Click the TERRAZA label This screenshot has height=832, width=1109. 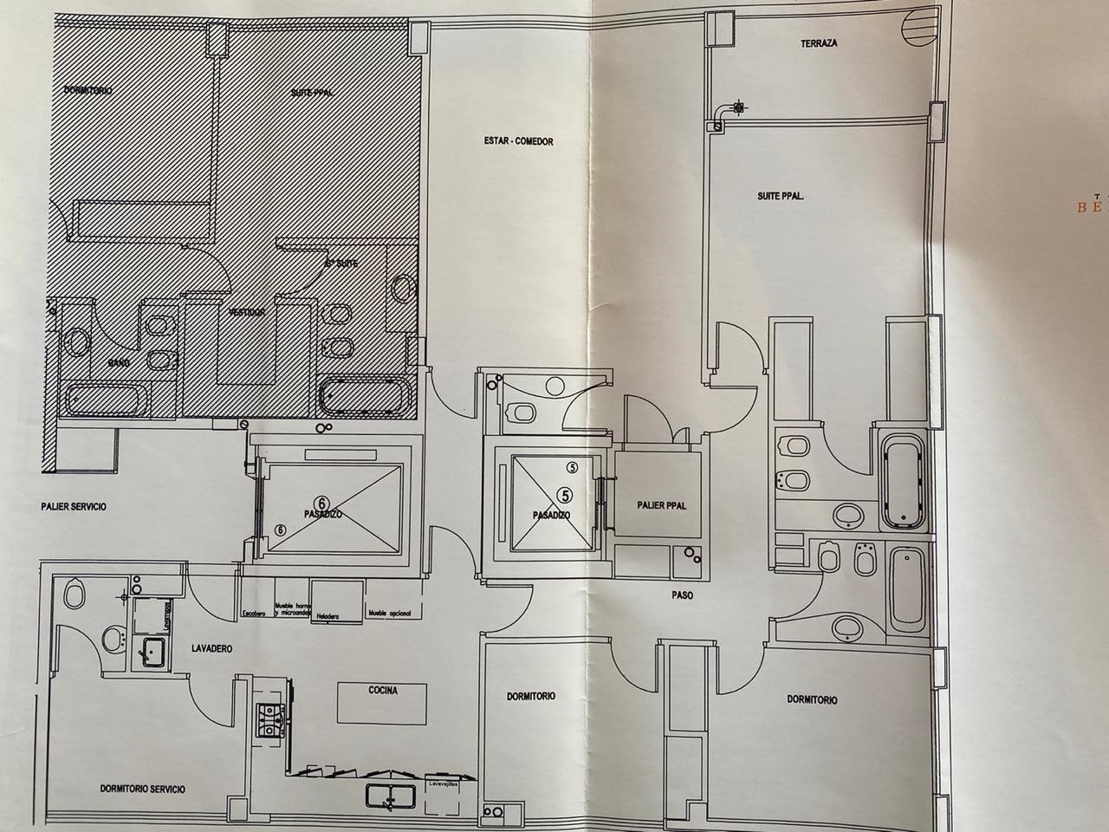[818, 43]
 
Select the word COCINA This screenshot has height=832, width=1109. [383, 691]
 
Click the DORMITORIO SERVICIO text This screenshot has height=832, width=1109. [142, 789]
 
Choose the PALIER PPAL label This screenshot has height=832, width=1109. [661, 505]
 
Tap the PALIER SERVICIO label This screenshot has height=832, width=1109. [74, 506]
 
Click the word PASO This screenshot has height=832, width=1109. [681, 595]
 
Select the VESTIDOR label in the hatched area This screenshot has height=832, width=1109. [247, 312]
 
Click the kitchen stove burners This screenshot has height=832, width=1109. [270, 720]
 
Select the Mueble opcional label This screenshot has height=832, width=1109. [389, 614]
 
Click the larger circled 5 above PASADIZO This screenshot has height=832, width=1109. [566, 495]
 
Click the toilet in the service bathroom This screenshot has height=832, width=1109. [75, 595]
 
